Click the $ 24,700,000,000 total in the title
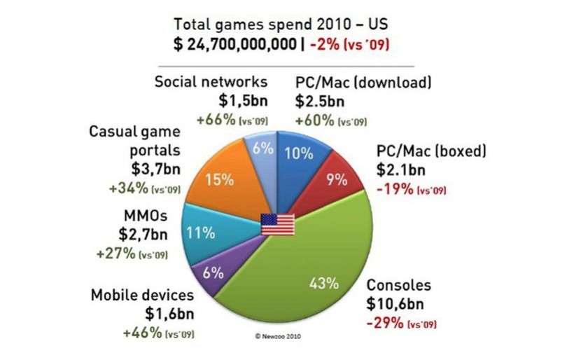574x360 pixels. (x=234, y=44)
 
